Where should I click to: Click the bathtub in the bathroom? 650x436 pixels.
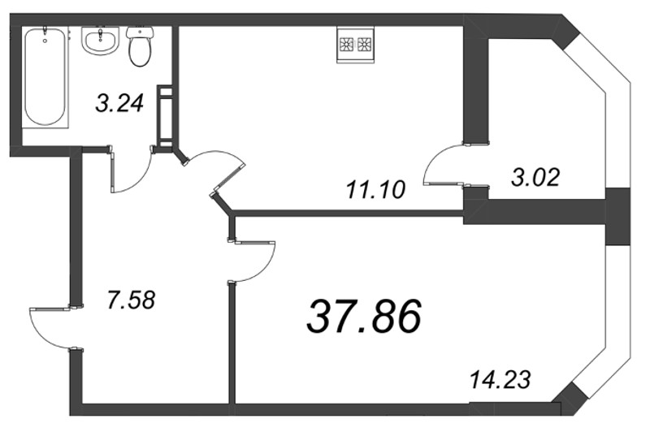(44, 78)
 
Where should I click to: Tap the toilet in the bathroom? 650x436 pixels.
(141, 46)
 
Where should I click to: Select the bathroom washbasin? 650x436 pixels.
(101, 41)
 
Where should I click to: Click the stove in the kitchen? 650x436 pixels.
(354, 45)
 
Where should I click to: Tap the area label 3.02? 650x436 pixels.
(535, 176)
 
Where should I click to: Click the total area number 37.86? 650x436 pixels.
(363, 316)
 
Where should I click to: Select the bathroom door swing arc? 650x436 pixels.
(132, 171)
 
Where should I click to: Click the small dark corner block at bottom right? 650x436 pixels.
(571, 398)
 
